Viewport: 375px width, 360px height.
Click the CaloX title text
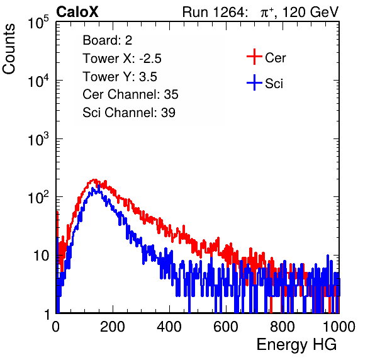(77, 12)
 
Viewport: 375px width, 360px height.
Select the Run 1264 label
(213, 12)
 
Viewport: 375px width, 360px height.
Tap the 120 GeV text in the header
(310, 12)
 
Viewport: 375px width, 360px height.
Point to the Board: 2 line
(107, 40)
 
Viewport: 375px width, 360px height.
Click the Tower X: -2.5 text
(122, 59)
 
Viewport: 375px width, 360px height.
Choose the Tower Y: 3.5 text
(120, 77)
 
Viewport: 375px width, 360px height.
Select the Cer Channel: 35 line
(130, 94)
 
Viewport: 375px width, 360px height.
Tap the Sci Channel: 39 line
(129, 113)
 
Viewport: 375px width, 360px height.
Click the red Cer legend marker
(254, 57)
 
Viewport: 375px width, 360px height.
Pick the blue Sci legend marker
(254, 82)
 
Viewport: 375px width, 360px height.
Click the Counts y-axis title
(9, 49)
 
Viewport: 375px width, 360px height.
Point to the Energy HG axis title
(296, 344)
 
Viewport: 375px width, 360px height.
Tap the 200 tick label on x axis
(113, 327)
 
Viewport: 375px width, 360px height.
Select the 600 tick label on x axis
(226, 327)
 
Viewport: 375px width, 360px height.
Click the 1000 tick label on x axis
(339, 327)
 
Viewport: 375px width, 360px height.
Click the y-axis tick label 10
(41, 256)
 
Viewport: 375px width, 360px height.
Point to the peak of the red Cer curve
(94, 179)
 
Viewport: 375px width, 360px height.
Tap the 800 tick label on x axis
(283, 327)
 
